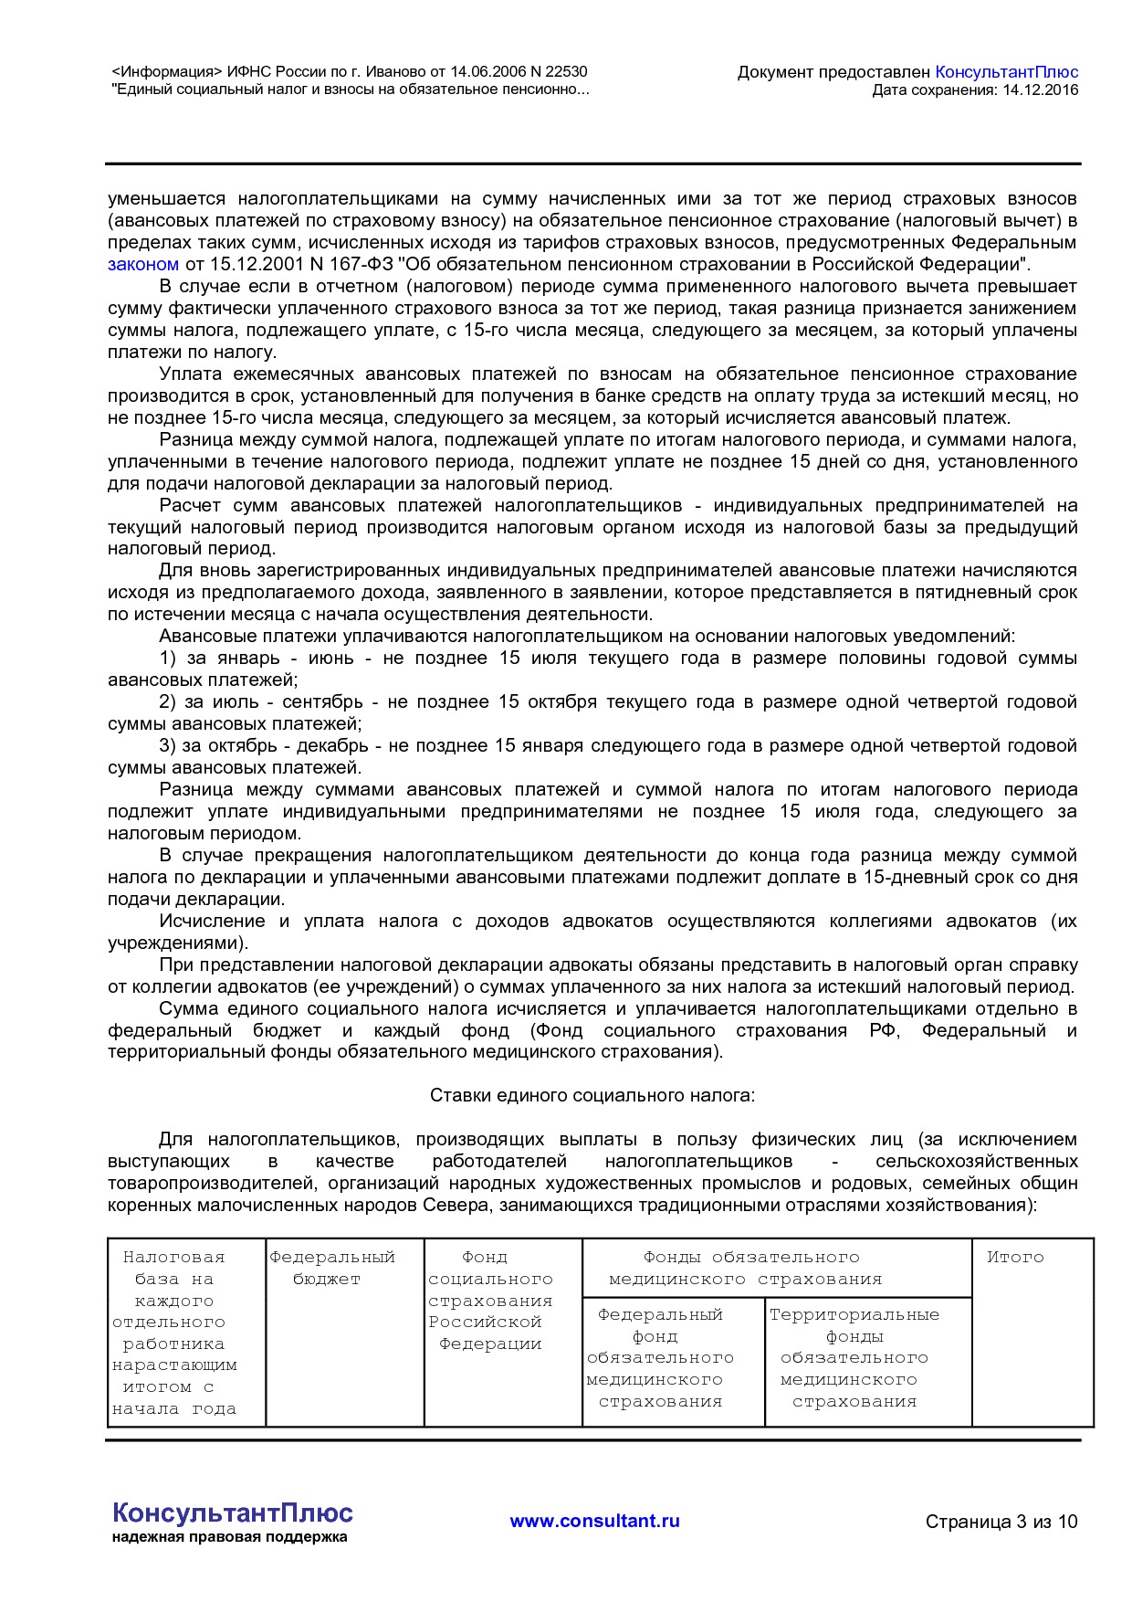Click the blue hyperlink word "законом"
tap(143, 265)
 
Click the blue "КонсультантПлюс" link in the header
tap(1006, 72)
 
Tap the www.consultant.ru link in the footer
tap(594, 1522)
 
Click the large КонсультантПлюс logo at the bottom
tap(232, 1512)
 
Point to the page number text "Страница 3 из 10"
tap(1001, 1522)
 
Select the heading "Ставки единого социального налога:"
tap(592, 1095)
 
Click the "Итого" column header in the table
tap(1014, 1258)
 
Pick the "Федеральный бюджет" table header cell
tap(331, 1269)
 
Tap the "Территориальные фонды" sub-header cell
tap(854, 1325)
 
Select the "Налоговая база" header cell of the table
tap(173, 1268)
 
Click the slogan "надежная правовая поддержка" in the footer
tap(229, 1537)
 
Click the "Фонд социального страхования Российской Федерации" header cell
tap(490, 1302)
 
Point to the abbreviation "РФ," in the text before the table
tap(884, 1031)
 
